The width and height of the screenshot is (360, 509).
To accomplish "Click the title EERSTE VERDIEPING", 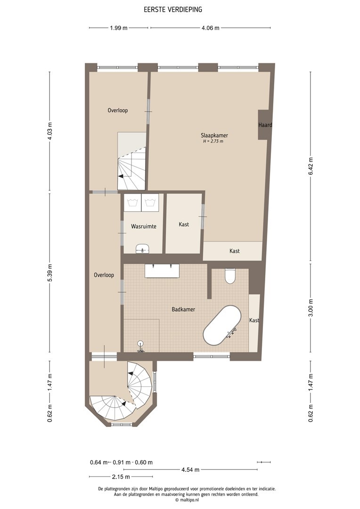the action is (173, 9).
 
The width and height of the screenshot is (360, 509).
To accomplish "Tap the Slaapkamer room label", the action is (214, 135).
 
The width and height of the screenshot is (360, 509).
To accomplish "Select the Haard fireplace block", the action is (265, 125).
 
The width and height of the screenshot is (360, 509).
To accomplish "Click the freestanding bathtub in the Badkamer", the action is (222, 325).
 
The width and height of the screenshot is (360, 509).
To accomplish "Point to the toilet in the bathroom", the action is (230, 276).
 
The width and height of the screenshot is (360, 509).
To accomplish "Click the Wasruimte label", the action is (143, 226).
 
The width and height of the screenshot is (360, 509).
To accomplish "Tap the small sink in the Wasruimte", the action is (143, 248).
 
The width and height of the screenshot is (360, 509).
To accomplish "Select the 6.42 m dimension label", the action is (311, 166).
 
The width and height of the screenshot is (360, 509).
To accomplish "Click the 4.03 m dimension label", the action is (49, 131).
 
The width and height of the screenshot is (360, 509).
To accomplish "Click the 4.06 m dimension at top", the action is (210, 28).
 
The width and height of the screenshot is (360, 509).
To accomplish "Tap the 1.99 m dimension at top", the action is (118, 28).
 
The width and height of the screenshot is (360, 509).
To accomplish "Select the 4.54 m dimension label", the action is (190, 469).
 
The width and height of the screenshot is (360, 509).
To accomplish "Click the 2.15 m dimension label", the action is (121, 476).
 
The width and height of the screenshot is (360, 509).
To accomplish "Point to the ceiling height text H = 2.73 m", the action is (213, 141).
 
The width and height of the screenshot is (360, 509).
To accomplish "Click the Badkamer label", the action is (183, 309).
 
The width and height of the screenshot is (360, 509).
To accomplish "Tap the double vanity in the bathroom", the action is (162, 271).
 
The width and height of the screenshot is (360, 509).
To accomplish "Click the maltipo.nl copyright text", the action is (187, 500).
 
